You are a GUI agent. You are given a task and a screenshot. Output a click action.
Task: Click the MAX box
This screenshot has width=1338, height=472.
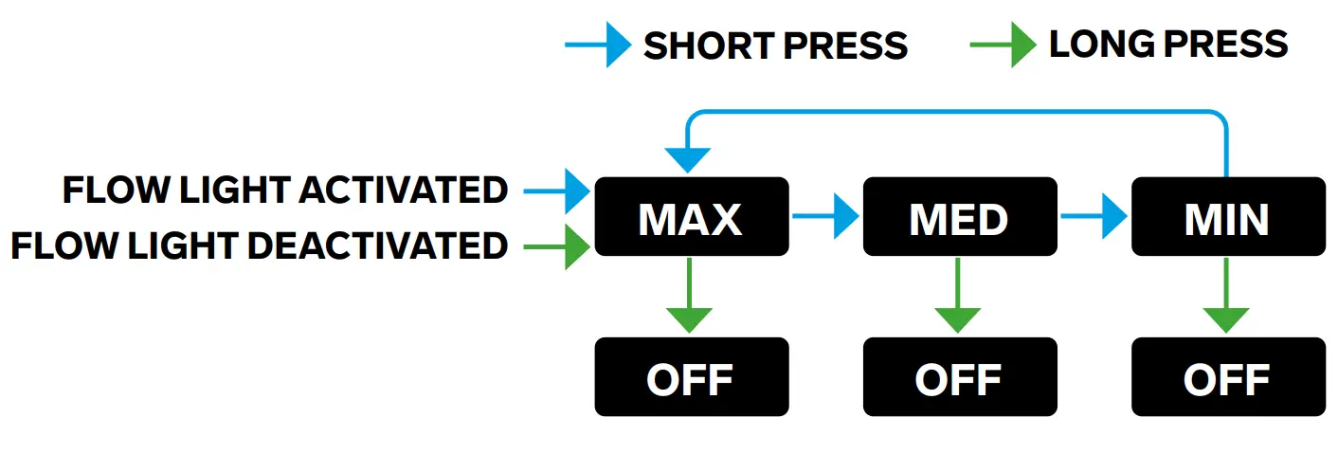[691, 217]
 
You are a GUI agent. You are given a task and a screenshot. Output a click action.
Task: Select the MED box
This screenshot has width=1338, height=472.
[959, 217]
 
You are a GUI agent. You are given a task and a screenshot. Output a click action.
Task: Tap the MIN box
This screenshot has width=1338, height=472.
[1227, 217]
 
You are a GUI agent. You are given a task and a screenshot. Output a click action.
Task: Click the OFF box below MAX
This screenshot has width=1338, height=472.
[691, 377]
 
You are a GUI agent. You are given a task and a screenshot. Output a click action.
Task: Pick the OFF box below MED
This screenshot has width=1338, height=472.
[959, 377]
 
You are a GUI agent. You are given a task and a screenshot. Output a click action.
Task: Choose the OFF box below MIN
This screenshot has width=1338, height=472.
[1227, 377]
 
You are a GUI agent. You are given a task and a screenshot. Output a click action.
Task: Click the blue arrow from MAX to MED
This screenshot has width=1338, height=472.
[825, 217]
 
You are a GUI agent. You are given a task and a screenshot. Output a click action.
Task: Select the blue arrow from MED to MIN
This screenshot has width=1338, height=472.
[1094, 217]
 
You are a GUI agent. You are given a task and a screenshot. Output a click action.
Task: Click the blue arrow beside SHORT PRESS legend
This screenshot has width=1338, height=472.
[598, 45]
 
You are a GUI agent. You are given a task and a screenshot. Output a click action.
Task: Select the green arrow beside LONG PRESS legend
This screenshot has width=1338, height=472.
[1003, 45]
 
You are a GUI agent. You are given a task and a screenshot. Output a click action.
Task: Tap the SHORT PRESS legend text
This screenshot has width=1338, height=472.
[775, 45]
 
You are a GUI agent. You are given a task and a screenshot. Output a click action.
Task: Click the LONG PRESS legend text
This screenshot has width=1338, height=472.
[1167, 44]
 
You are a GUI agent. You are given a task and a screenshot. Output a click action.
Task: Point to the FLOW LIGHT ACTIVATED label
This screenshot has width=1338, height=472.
[285, 191]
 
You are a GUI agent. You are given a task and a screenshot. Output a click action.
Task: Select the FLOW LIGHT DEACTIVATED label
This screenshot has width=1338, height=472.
[259, 246]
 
